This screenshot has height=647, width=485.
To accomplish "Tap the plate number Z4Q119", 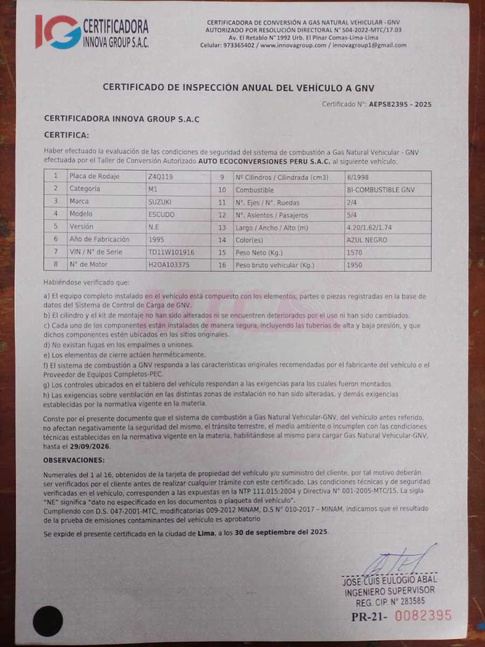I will tap(160, 176).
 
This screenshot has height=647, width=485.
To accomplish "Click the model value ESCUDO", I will tap(161, 214).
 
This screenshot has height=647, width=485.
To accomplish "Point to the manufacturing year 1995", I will tap(156, 239).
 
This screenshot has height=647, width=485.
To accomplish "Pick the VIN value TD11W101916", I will tap(171, 252).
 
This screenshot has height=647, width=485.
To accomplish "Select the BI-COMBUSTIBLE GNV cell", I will tap(381, 190).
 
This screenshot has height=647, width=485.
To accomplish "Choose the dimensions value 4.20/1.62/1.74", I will tap(370, 228).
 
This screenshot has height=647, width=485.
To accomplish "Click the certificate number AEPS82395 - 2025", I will tap(400, 105).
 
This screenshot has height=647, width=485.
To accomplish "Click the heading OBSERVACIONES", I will tap(74, 460).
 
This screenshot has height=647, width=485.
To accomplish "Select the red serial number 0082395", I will tap(424, 616).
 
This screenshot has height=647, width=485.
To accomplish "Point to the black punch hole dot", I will tap(48, 620).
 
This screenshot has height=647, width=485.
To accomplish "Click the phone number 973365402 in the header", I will tap(239, 45).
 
